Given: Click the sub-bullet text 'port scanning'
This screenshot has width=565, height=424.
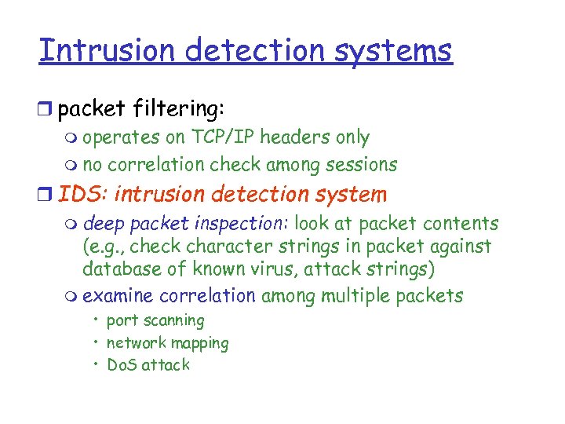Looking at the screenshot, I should [x=155, y=320].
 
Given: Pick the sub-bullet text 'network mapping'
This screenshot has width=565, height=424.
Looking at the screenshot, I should [x=167, y=343].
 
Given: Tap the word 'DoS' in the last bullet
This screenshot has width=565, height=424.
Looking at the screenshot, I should [x=122, y=365].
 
